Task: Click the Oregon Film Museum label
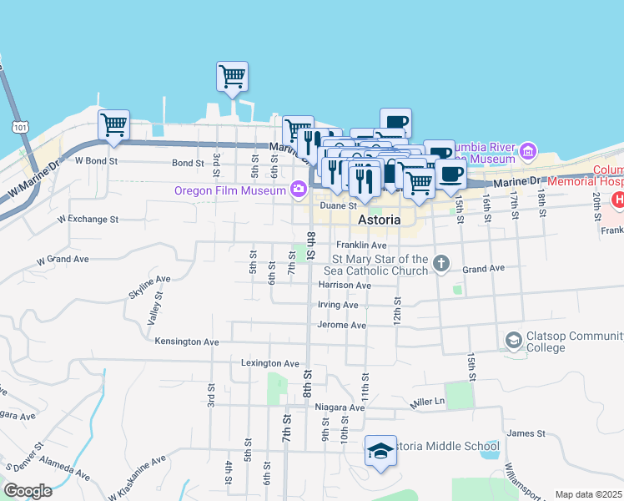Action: pyautogui.click(x=231, y=190)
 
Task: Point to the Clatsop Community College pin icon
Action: pyautogui.click(x=513, y=341)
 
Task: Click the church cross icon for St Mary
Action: pyautogui.click(x=442, y=264)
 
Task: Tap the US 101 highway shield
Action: pyautogui.click(x=19, y=126)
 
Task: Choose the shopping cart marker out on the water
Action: pyautogui.click(x=232, y=77)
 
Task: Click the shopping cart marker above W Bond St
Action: pyautogui.click(x=113, y=125)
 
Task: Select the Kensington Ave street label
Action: pyautogui.click(x=187, y=342)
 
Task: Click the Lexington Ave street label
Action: pyautogui.click(x=269, y=364)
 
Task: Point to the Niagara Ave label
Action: pyautogui.click(x=340, y=407)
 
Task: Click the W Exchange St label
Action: pyautogui.click(x=88, y=219)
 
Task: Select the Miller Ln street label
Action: pyautogui.click(x=429, y=403)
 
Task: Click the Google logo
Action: pyautogui.click(x=28, y=491)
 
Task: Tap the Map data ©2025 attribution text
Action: pyautogui.click(x=587, y=494)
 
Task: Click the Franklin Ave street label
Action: pyautogui.click(x=361, y=245)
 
